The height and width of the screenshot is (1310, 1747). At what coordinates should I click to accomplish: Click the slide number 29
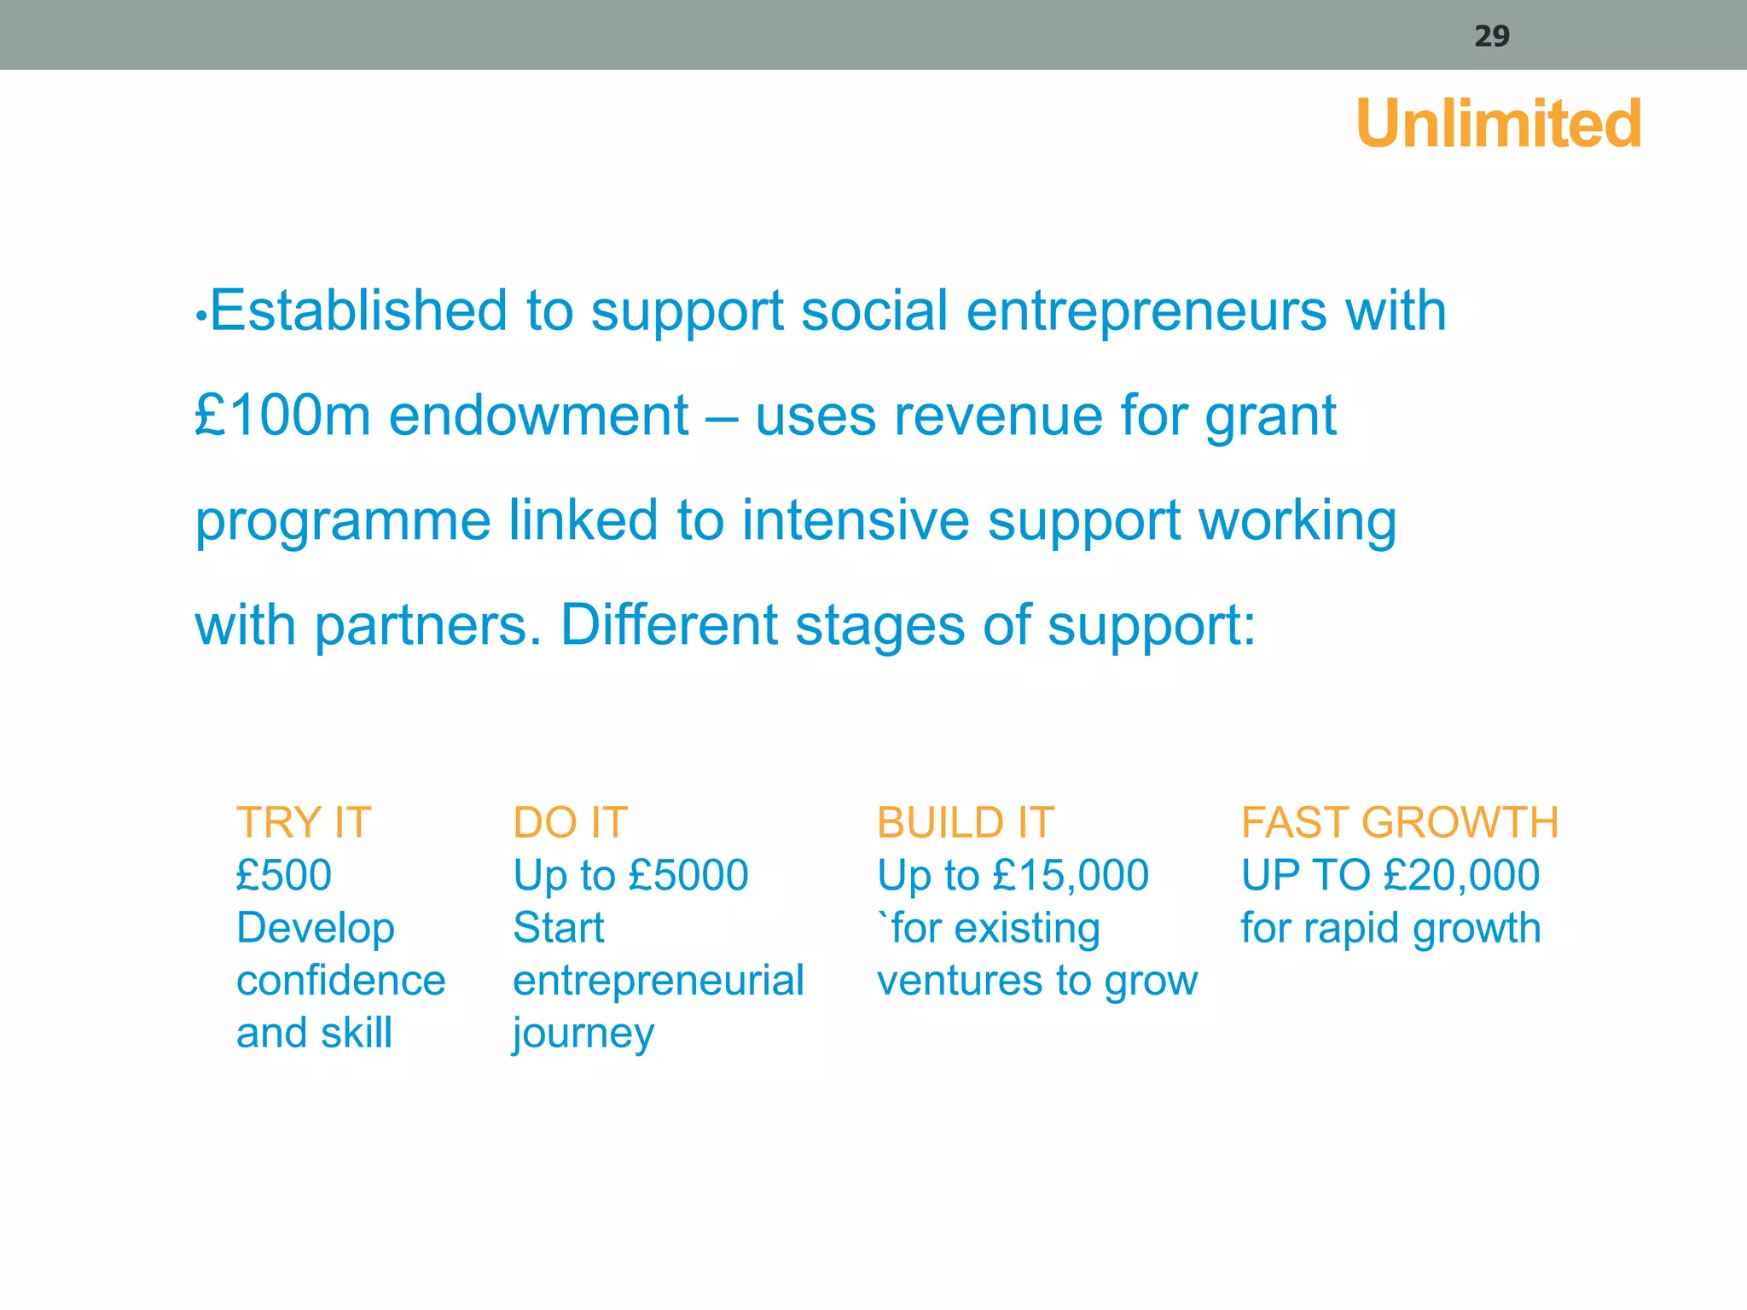1492,36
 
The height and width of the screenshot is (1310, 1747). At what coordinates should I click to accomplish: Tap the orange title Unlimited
1499,124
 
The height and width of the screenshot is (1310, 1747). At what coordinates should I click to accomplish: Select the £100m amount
282,415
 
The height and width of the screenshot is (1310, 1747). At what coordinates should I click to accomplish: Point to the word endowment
538,415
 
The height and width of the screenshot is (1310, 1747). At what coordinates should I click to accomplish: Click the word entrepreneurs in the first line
1146,311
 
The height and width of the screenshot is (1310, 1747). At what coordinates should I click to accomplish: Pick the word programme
343,522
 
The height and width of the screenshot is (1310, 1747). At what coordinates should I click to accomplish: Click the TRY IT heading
304,823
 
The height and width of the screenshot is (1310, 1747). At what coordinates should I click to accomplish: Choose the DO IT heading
570,823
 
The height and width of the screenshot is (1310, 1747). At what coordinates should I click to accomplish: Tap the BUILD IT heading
966,823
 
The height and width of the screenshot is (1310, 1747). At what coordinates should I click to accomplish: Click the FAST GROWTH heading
1400,823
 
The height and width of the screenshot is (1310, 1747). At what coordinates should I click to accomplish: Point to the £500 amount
284,875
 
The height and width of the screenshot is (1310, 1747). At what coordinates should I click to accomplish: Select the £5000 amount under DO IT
688,875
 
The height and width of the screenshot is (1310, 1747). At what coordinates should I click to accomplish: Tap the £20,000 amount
1461,875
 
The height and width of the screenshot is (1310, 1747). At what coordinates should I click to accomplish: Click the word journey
583,1035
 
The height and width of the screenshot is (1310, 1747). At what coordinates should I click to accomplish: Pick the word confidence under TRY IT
340,981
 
